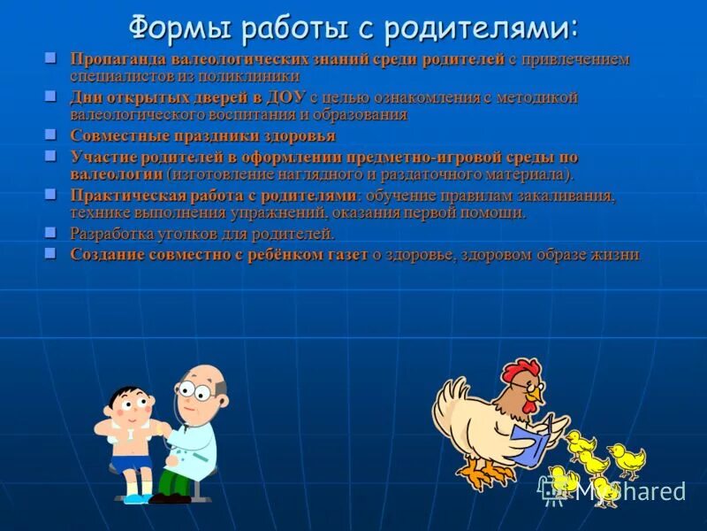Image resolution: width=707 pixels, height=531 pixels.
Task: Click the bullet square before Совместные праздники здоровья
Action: click(50, 135)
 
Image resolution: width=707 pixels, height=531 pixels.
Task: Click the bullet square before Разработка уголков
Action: click(50, 232)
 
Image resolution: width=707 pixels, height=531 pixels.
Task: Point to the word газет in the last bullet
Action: click(338, 254)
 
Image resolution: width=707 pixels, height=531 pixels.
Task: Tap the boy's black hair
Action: click(129, 395)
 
